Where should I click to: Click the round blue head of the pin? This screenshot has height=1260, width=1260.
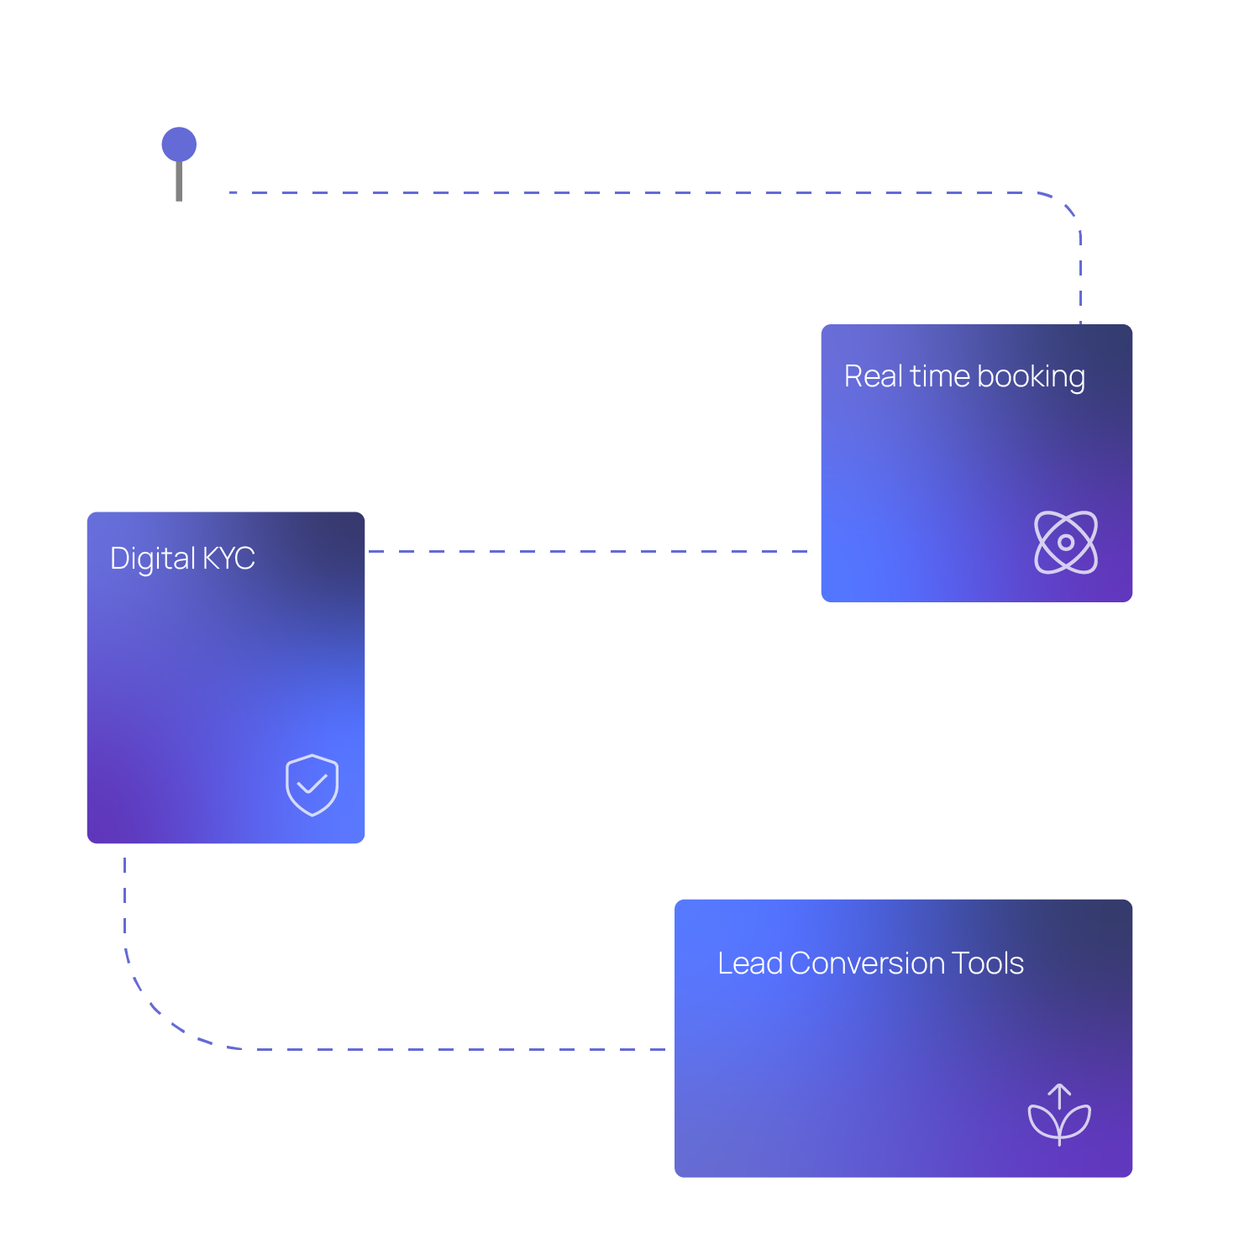pos(179,144)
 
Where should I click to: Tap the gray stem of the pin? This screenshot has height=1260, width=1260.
pos(179,181)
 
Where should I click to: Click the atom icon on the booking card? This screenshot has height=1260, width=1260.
pos(1065,543)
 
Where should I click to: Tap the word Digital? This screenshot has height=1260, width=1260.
pos(152,559)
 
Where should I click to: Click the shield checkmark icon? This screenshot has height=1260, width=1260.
pos(312,785)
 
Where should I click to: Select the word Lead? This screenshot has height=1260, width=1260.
pos(749,963)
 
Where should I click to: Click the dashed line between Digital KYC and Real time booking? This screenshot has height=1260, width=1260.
pos(588,552)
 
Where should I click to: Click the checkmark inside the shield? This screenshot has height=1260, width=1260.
pos(312,785)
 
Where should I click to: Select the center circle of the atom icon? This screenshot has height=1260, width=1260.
pos(1065,543)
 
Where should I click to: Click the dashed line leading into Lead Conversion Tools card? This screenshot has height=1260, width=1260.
pos(504,1049)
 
